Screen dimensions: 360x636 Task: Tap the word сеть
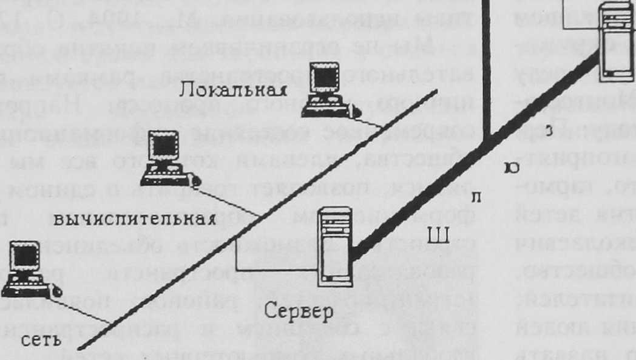(41, 340)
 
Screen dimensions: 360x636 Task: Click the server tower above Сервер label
(336, 246)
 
